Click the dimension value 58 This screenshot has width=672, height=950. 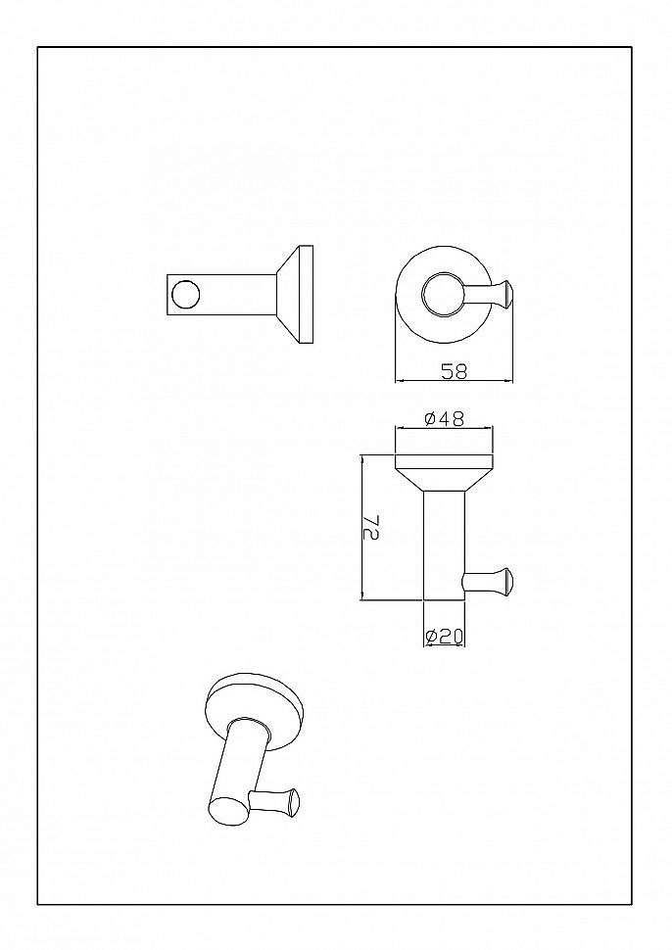(x=454, y=371)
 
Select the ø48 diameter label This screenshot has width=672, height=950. (x=444, y=418)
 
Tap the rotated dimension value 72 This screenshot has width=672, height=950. (x=371, y=527)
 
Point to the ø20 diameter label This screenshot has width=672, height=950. (x=444, y=637)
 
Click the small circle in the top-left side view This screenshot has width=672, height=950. (x=185, y=295)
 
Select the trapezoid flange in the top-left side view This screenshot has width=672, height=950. (x=289, y=295)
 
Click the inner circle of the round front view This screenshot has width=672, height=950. (x=444, y=295)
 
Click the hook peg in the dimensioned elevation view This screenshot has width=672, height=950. (x=488, y=581)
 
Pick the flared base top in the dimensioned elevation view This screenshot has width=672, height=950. (x=444, y=472)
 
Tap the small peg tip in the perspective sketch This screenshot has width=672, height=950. (x=293, y=801)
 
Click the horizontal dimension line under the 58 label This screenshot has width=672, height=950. (x=454, y=381)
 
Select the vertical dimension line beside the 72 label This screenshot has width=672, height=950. (x=362, y=527)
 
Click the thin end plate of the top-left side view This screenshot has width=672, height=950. (x=307, y=295)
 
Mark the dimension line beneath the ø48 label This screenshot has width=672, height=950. (x=444, y=429)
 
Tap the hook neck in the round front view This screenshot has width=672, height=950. (x=479, y=295)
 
